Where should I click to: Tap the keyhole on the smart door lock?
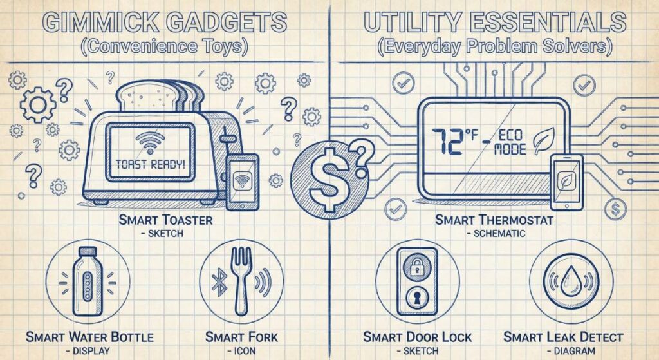(417, 298)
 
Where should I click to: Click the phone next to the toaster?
(242, 181)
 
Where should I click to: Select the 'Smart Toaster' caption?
(166, 220)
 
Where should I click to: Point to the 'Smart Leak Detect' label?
(563, 337)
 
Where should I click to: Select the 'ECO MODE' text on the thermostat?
(511, 143)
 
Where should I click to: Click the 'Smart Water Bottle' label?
(89, 337)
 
